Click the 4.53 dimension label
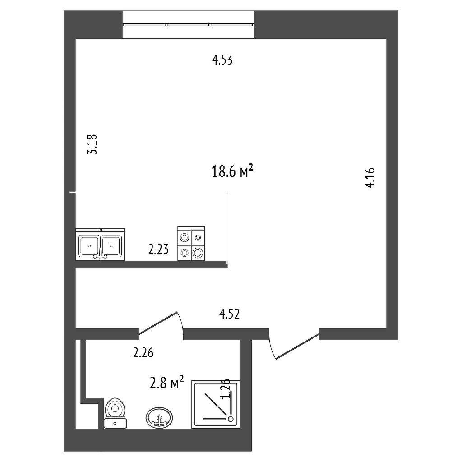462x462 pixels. pos(222,60)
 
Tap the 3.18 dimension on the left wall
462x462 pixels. pos(92,144)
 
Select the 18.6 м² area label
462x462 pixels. pos(232,171)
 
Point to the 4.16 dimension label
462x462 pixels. pos(370,178)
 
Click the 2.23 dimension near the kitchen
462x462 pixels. pos(158,250)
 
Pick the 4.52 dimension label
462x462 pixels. pos(229,314)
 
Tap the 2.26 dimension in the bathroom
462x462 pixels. pos(143,353)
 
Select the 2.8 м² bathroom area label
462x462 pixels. pos(167,383)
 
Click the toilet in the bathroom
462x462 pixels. pos(115,413)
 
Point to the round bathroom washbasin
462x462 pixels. pos(159,417)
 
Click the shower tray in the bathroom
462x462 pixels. pos(215,404)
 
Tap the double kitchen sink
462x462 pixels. pos(100,244)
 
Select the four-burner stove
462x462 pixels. pos(191,243)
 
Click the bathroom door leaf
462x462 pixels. pos(157,323)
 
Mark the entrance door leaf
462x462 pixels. pos(297,346)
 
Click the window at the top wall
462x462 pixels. pos(188,24)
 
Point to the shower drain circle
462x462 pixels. pos(231,419)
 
